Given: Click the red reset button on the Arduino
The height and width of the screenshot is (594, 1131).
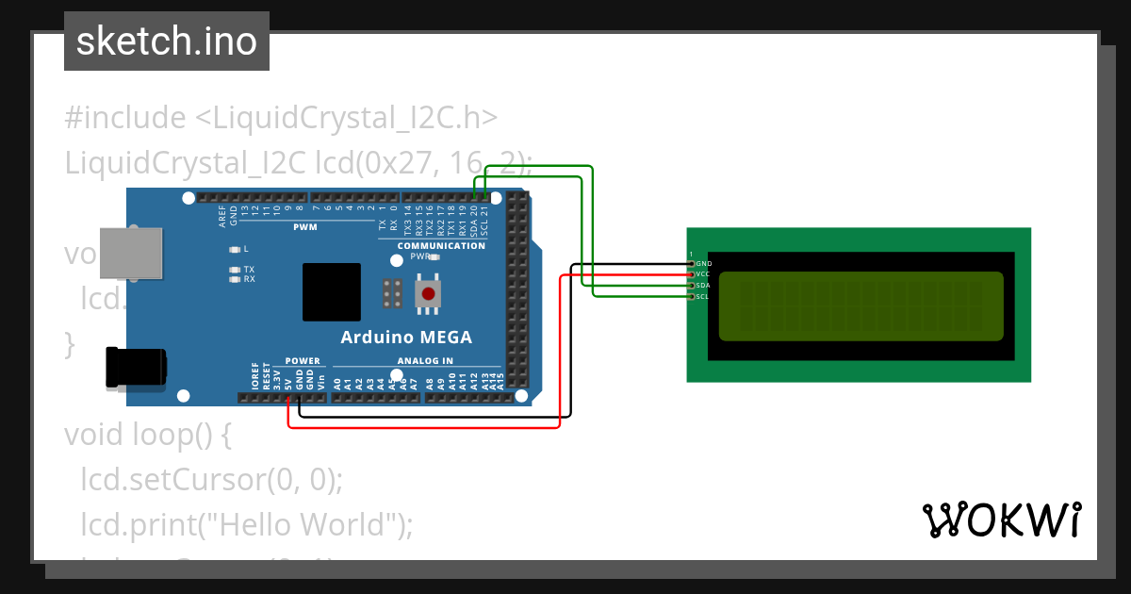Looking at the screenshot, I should [429, 293].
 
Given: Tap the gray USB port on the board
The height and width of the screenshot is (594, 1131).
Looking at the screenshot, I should [129, 251].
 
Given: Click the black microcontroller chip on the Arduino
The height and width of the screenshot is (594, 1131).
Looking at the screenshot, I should [332, 292].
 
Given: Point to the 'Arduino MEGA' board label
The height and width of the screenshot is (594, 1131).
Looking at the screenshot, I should [406, 338].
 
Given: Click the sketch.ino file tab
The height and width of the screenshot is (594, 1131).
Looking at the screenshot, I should [167, 41].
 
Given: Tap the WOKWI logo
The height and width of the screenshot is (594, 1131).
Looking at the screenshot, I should [1002, 520].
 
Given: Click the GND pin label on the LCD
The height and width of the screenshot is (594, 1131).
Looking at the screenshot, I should [703, 264].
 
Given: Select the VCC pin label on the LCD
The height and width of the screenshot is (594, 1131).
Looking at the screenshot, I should [703, 274].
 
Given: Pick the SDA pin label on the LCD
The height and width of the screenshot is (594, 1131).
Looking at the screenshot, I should [703, 286].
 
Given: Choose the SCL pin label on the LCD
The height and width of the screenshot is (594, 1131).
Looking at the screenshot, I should [703, 297].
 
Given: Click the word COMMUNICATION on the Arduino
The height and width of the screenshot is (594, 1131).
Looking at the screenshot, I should [441, 246].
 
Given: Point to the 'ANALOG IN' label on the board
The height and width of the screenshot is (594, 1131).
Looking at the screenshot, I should [425, 361].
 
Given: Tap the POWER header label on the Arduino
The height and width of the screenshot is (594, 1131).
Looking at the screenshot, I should [303, 361].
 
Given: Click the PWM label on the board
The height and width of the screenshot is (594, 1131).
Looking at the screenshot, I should [305, 228].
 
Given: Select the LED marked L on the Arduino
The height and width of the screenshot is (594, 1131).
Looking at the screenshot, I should [235, 250].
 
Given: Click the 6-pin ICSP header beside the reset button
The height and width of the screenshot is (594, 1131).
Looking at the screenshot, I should [393, 294].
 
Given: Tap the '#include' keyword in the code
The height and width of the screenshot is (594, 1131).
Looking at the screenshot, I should [125, 118].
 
